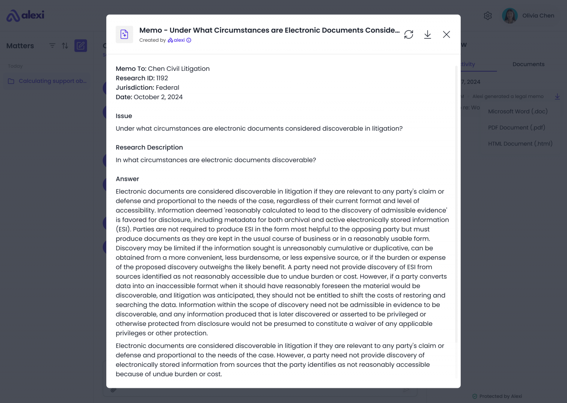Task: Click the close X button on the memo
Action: click(x=446, y=34)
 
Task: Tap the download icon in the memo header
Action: click(x=427, y=34)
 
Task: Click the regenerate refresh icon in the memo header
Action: click(x=409, y=34)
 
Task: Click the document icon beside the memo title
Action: click(x=124, y=34)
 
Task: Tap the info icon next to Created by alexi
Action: click(x=189, y=40)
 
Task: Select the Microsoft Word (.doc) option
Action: click(x=518, y=111)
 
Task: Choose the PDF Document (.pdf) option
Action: click(x=516, y=128)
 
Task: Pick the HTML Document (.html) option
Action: click(x=520, y=144)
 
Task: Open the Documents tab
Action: click(x=528, y=64)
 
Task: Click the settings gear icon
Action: click(x=488, y=15)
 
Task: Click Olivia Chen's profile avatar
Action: click(x=510, y=15)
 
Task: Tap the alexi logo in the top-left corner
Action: click(x=25, y=15)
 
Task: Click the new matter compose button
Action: click(x=80, y=46)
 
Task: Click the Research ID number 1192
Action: click(x=162, y=78)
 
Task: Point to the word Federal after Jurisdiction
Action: click(x=168, y=88)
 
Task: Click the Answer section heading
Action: click(x=127, y=179)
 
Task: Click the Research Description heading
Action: click(x=149, y=148)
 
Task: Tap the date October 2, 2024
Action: click(x=158, y=97)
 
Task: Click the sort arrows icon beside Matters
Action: click(x=65, y=46)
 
